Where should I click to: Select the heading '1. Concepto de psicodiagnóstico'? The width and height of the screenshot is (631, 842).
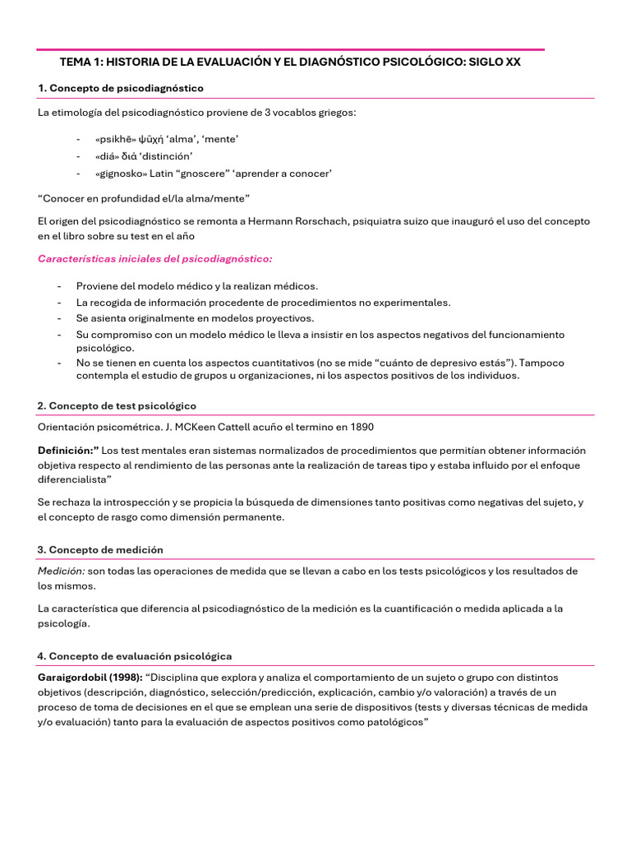121,88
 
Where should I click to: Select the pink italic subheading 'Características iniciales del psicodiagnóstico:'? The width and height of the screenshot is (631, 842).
155,259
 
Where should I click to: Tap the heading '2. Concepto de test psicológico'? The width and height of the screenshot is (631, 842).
117,406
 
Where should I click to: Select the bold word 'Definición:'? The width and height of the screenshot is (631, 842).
68,451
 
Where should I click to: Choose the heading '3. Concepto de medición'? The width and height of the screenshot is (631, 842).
100,549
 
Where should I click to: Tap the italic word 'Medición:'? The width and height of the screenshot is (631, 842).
61,571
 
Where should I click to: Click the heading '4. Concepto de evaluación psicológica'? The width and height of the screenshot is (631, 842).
135,656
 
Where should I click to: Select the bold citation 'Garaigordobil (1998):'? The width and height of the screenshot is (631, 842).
90,678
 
